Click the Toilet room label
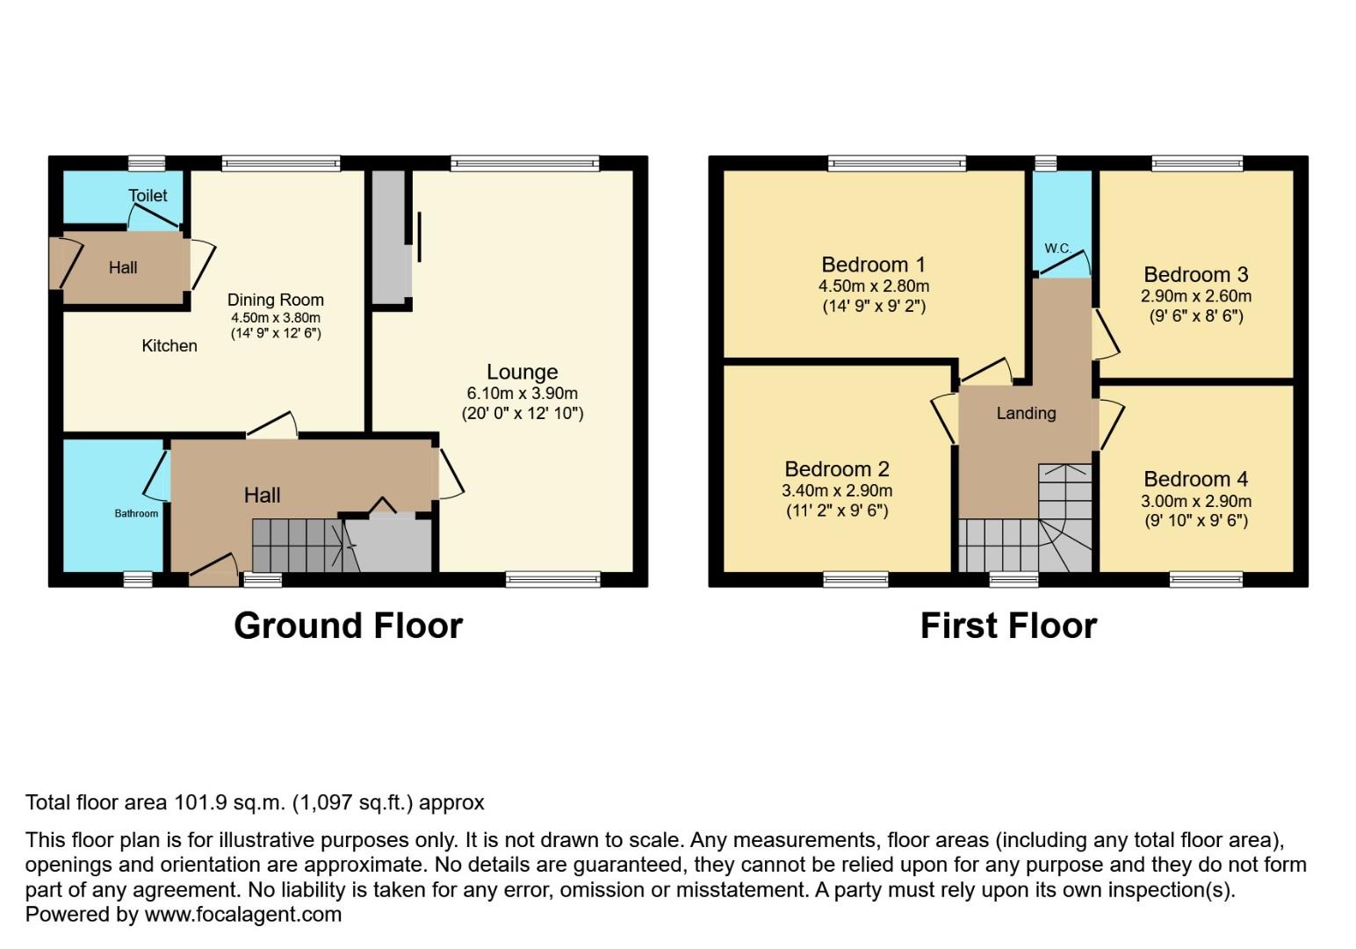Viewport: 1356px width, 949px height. click(x=148, y=196)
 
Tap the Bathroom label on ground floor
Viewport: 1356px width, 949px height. click(x=136, y=513)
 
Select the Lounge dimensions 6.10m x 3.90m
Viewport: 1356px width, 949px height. click(x=522, y=394)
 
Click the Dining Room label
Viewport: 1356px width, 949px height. click(x=275, y=300)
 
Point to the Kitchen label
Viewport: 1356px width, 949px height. click(x=169, y=346)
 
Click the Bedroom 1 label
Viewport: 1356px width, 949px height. click(x=873, y=264)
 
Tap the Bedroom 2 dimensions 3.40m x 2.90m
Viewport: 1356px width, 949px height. click(x=837, y=491)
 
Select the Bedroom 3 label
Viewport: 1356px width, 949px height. click(x=1195, y=274)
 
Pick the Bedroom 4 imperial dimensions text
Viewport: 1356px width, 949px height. click(x=1195, y=520)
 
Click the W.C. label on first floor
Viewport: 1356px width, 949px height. click(x=1057, y=249)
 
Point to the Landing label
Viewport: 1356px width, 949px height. click(x=1026, y=413)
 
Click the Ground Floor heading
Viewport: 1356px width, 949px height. click(x=348, y=626)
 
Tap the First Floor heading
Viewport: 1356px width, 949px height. click(x=1008, y=626)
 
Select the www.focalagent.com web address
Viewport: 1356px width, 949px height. click(x=242, y=915)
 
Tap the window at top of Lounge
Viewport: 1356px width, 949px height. click(x=525, y=163)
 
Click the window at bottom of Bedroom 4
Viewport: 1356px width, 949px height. click(x=1205, y=578)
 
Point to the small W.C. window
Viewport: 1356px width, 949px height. click(x=1045, y=163)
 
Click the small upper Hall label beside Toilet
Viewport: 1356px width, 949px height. click(x=123, y=268)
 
